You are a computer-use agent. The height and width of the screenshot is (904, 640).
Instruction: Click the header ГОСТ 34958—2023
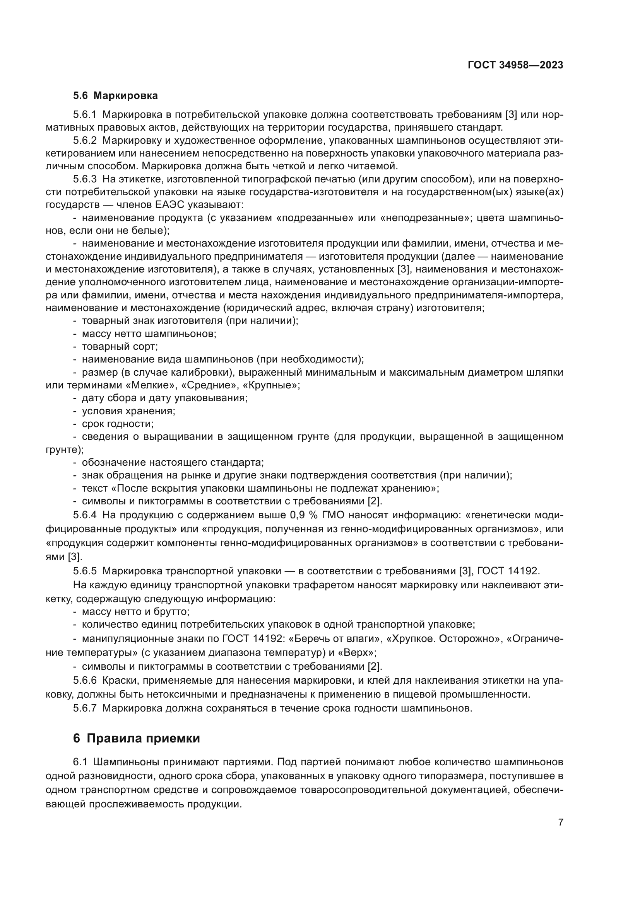coord(515,65)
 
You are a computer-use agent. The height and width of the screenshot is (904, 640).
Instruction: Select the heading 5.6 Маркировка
coord(115,96)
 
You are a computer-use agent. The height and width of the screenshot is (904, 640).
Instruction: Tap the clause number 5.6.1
coord(85,115)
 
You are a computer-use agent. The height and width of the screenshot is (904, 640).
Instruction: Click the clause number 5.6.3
coord(85,180)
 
